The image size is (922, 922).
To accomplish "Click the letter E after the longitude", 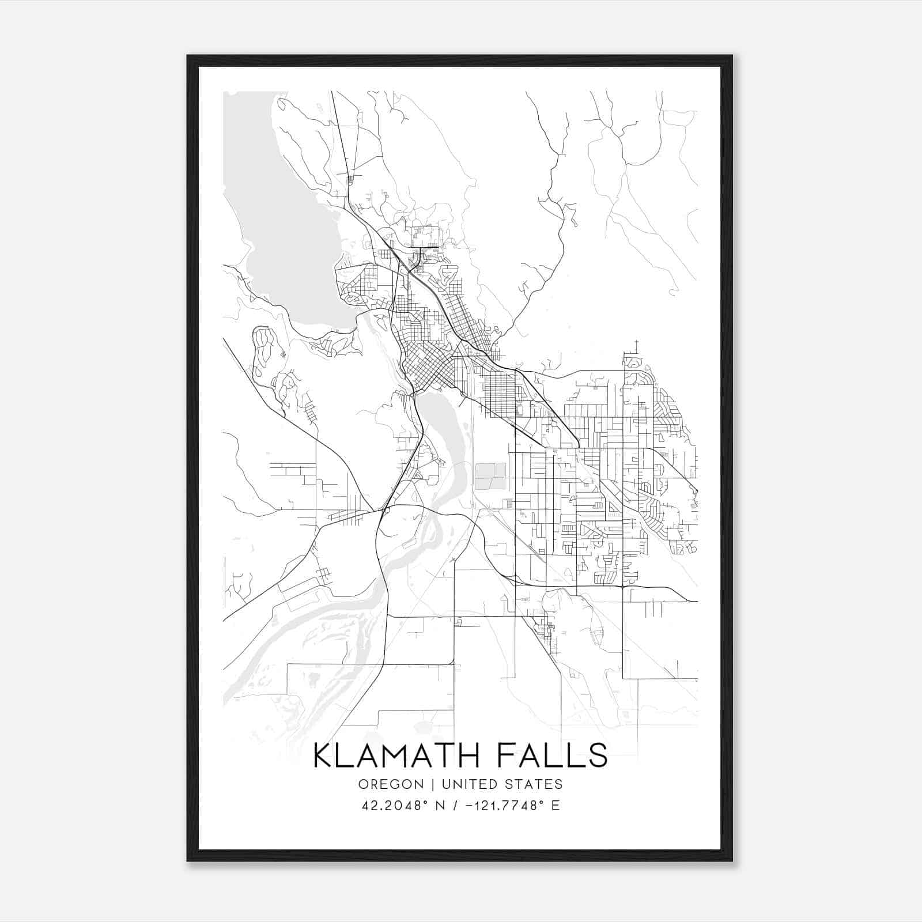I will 556,806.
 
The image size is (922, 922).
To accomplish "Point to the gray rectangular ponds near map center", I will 490,476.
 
